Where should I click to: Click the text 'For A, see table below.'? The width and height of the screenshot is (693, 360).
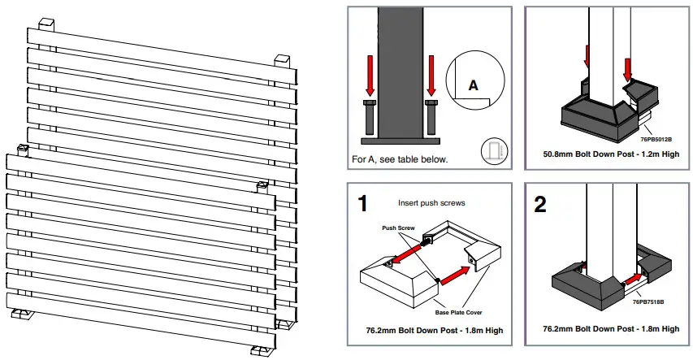point(400,159)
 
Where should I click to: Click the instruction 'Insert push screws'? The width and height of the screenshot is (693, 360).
point(431,203)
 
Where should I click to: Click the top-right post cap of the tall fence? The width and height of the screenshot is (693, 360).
point(282,61)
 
